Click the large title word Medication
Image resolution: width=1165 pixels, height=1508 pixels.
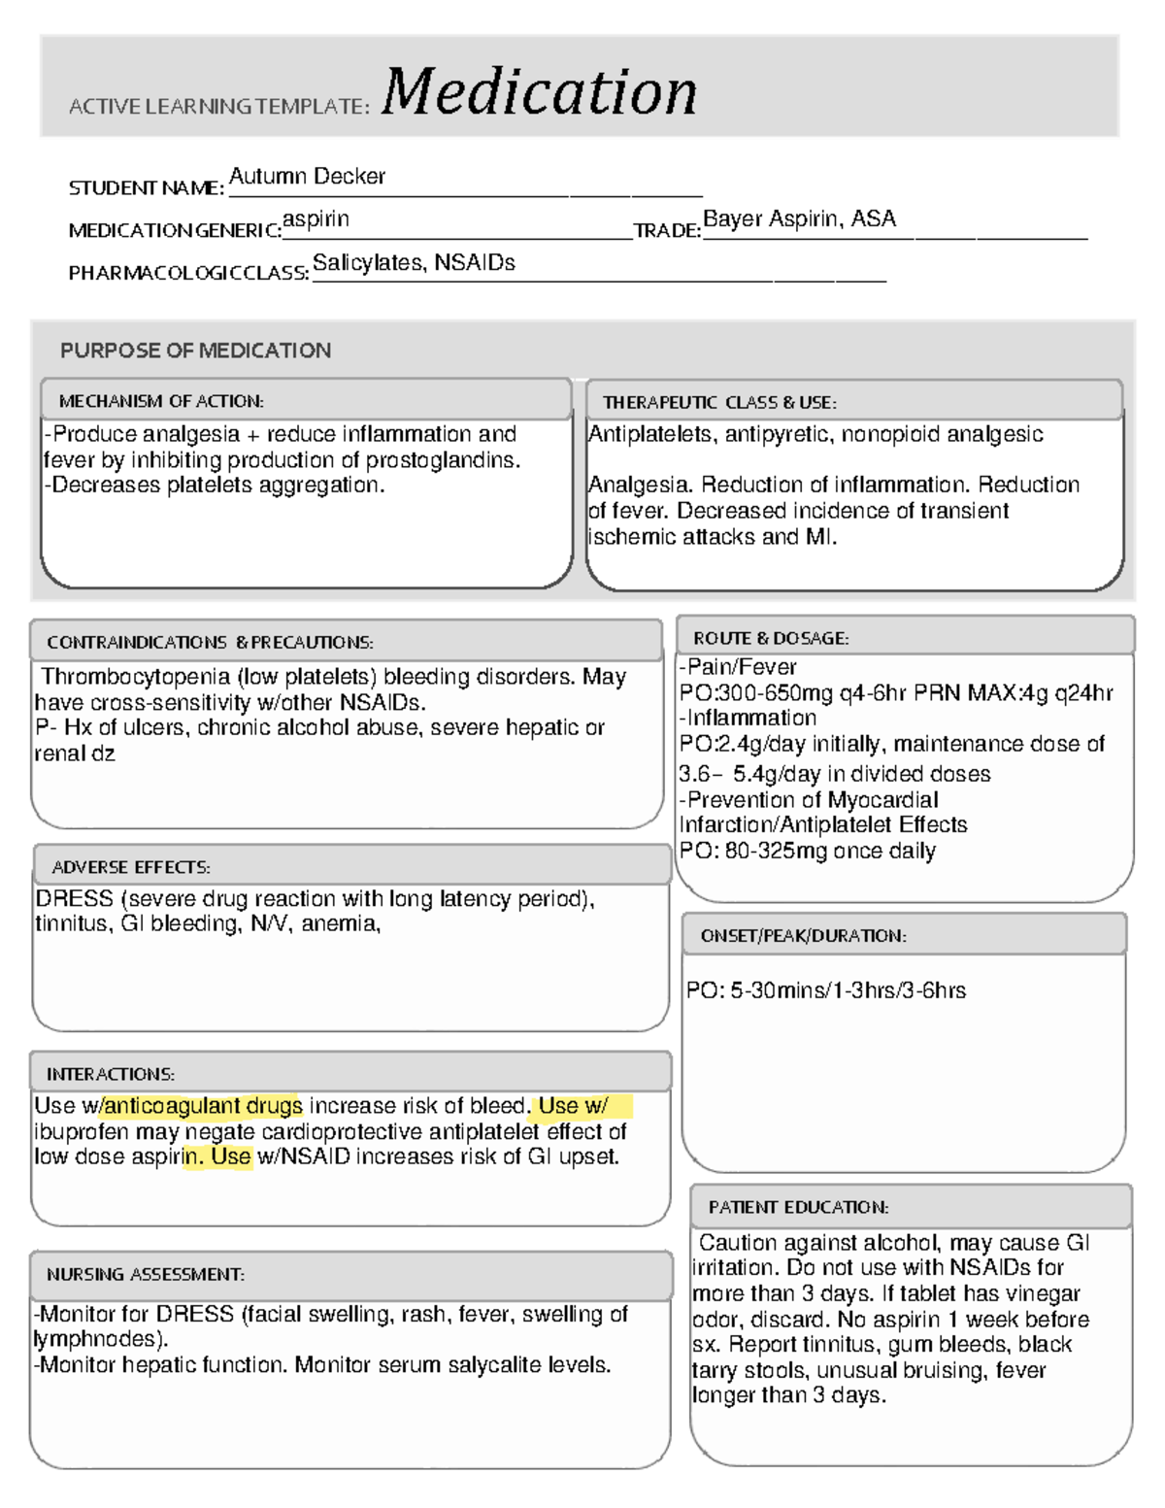click(x=539, y=92)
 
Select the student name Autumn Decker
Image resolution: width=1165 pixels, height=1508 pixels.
click(x=307, y=177)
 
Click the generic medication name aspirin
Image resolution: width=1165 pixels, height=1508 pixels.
click(x=316, y=219)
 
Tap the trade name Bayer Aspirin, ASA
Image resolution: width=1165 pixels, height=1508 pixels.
click(x=799, y=219)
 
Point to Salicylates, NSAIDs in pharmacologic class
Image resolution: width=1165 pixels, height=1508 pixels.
click(x=414, y=263)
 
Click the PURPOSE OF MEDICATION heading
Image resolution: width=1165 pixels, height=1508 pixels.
click(x=195, y=351)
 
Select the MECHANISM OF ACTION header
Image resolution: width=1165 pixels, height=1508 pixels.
click(x=161, y=401)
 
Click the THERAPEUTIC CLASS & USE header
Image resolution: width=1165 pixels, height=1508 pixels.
click(x=719, y=402)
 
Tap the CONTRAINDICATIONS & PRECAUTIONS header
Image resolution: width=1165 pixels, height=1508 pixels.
click(x=210, y=643)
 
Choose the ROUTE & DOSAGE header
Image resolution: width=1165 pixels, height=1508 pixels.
click(x=771, y=638)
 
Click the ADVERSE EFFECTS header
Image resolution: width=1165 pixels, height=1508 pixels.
click(x=131, y=867)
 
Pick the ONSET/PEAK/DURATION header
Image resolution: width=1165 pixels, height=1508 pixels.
click(x=803, y=936)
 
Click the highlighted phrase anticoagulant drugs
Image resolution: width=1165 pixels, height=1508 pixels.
click(x=203, y=1106)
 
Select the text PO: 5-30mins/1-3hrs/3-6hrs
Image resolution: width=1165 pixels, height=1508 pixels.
click(x=826, y=990)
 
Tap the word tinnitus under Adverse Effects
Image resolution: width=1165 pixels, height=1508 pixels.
click(x=70, y=923)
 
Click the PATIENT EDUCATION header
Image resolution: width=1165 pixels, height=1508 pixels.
click(x=798, y=1207)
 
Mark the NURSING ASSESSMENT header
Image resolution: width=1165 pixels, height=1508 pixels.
click(x=146, y=1274)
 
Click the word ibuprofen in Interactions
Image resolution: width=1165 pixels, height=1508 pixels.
click(x=81, y=1132)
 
